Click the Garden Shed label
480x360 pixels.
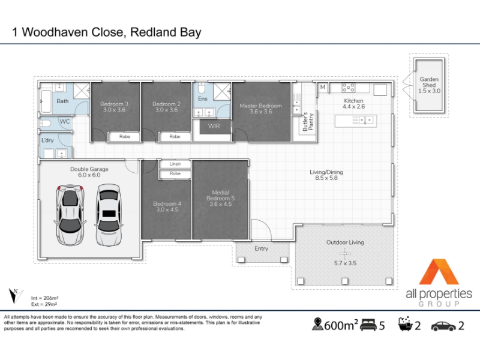coord(429,82)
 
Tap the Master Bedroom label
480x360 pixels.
coord(260,106)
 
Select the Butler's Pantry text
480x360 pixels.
coord(308,122)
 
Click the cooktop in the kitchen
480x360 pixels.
coord(349,88)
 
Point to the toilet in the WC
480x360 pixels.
coord(46,124)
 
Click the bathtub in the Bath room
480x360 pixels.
coord(46,101)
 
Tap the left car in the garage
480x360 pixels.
coord(70,214)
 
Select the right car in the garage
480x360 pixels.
coord(109,215)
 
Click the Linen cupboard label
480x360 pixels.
coord(175,164)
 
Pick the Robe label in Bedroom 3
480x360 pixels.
coord(125,137)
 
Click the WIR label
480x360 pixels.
coord(214,126)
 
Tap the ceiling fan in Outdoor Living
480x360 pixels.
coord(346,253)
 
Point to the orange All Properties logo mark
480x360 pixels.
coord(439,272)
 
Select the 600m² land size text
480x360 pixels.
coord(341,325)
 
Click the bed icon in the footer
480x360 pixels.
coord(368,325)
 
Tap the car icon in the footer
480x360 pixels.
coord(443,326)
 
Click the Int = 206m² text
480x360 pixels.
coord(44,298)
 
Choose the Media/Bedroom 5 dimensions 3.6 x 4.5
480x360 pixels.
coord(220,204)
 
